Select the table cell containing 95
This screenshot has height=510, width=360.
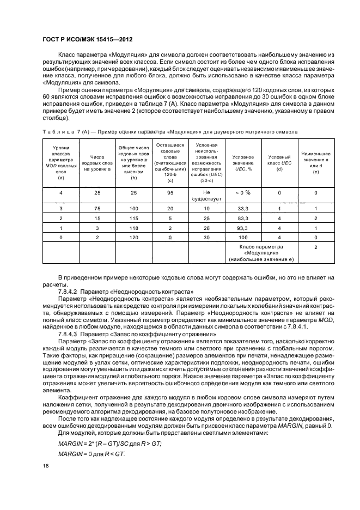(170, 192)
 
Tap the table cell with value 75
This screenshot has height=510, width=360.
(97, 209)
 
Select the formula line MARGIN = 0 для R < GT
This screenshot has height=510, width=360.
(90, 454)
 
